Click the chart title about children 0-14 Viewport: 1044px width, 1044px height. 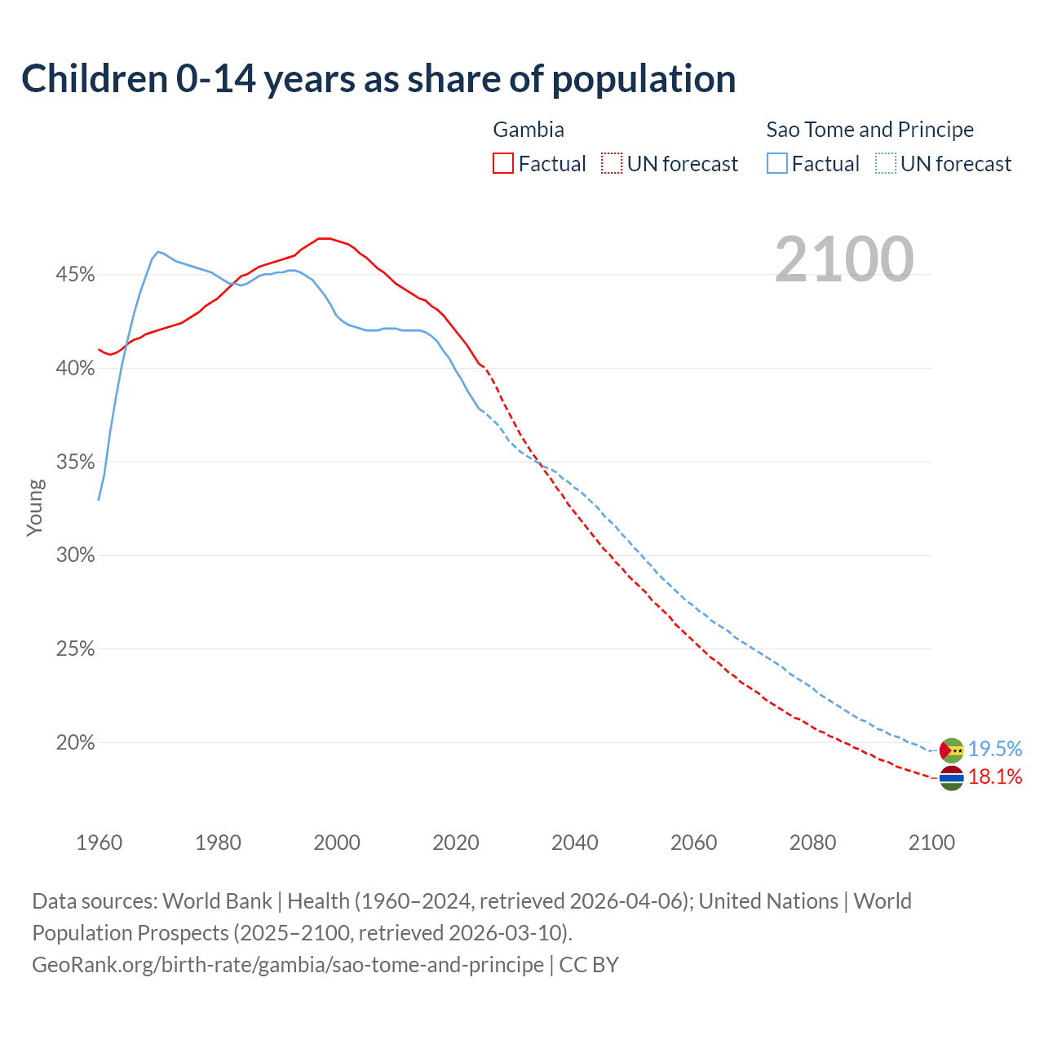(378, 79)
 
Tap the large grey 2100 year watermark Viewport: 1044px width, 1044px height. (844, 259)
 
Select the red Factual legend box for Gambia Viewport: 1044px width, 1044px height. (503, 164)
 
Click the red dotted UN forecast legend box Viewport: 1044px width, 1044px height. (612, 164)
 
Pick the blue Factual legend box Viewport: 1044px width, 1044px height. (777, 164)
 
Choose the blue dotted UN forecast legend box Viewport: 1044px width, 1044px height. (886, 164)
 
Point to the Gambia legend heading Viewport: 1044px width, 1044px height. (529, 130)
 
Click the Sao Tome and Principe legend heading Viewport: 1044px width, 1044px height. (869, 130)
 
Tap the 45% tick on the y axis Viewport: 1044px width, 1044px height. (75, 275)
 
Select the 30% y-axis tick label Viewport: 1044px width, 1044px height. (75, 555)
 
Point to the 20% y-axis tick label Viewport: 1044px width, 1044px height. (75, 743)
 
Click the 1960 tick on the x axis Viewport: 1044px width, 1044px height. (99, 843)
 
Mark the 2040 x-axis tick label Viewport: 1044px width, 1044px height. (574, 843)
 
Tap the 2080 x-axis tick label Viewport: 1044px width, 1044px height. (812, 843)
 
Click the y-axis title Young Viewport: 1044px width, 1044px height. (35, 507)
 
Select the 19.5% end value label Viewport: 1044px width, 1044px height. (995, 749)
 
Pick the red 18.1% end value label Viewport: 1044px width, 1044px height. (995, 777)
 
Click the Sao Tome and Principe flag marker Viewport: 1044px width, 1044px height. (952, 750)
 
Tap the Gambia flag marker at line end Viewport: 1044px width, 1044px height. (952, 779)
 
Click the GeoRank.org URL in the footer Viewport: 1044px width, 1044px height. (288, 965)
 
